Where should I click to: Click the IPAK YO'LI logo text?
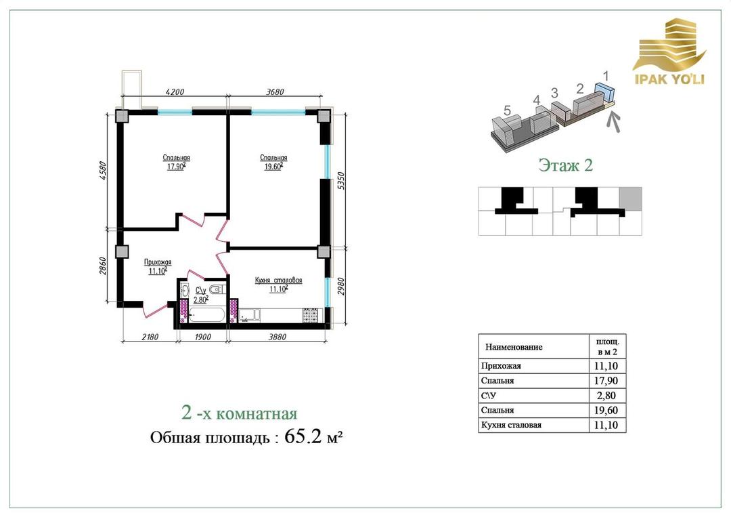(x=670, y=79)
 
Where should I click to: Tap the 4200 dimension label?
(x=175, y=92)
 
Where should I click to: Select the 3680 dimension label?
(x=275, y=92)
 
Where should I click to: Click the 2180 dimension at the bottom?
(x=150, y=337)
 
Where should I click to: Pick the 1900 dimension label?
(x=202, y=337)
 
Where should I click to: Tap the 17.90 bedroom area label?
(x=176, y=166)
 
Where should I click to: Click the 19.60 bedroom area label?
(x=273, y=166)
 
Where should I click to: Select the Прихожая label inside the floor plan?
(x=158, y=262)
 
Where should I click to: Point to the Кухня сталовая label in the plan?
(x=278, y=281)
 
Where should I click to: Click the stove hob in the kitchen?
(x=310, y=316)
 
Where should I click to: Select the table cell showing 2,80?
(x=607, y=396)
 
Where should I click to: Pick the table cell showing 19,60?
(x=607, y=410)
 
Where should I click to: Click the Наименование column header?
(x=514, y=347)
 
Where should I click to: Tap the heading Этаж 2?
(x=565, y=165)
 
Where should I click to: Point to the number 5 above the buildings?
(x=507, y=110)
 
